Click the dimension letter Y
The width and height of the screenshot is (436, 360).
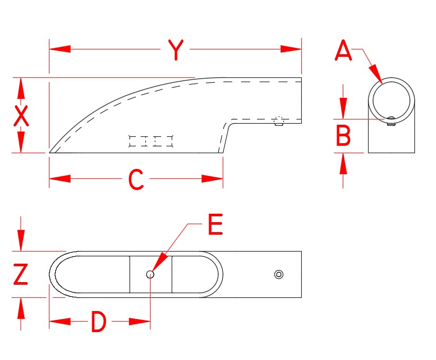pos(175,50)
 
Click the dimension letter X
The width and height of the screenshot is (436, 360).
pos(21,116)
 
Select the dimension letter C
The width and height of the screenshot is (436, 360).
pos(136,179)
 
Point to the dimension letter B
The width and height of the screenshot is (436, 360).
pos(343,136)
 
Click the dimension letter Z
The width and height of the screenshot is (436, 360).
pos(21,275)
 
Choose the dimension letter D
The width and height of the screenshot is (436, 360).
pos(98,322)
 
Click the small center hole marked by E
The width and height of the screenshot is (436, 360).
pos(151,274)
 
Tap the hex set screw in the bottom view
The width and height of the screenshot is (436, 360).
pos(279,274)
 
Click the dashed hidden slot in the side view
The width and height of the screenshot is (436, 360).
pos(151,141)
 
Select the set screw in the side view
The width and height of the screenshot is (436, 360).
pos(279,122)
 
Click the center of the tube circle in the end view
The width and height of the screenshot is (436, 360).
pos(391,99)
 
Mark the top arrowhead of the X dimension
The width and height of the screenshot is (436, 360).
pos(21,87)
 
